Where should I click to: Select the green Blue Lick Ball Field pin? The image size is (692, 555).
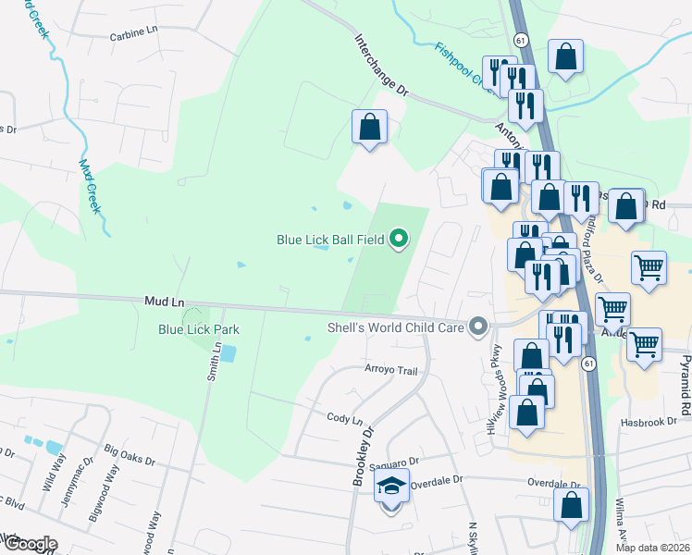(400, 240)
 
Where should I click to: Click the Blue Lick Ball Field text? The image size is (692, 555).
(330, 240)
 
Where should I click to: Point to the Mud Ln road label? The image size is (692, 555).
(165, 302)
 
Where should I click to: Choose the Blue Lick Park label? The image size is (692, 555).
(199, 329)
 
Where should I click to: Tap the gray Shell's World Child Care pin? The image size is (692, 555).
(478, 327)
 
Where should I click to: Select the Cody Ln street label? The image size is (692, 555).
(344, 418)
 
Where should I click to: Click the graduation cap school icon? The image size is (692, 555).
(391, 487)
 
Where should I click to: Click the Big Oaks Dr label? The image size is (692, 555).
(124, 452)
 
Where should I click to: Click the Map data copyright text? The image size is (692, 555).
(653, 548)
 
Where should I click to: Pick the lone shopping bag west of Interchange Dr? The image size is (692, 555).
(369, 127)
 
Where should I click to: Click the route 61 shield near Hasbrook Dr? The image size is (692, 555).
(588, 364)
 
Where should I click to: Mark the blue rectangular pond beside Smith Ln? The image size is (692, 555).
(228, 353)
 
